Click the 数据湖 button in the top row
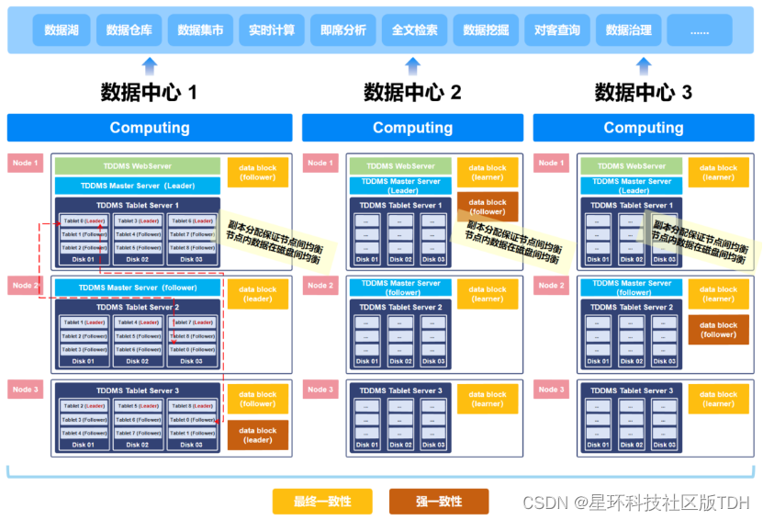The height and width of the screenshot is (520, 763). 61,30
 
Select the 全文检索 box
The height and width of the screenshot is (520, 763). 414,30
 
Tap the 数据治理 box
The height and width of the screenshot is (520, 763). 629,30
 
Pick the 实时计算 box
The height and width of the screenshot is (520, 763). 272,30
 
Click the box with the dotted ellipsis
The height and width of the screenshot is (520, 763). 700,30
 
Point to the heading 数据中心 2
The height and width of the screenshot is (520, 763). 412,92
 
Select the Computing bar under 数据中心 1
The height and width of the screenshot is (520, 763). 150,128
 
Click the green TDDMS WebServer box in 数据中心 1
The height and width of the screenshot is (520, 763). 137,166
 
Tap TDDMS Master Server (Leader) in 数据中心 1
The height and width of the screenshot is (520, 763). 137,186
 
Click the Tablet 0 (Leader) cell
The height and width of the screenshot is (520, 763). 84,221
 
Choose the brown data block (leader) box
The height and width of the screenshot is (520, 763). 258,435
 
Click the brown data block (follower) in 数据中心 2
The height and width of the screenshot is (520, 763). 488,207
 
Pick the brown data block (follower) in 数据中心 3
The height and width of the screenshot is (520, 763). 718,330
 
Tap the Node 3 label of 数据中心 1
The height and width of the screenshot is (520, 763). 25,390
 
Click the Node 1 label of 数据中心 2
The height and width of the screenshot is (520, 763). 320,163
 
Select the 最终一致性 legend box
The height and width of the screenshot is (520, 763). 323,502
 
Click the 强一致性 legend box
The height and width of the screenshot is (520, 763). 439,502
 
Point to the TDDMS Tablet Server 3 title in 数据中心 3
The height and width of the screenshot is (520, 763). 632,390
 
